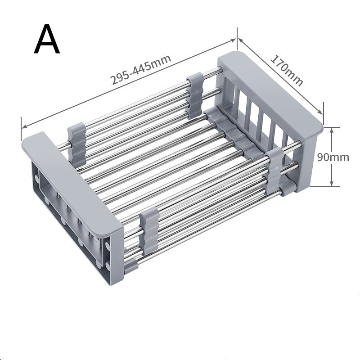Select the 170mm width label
click(x=286, y=70)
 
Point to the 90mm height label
click(x=333, y=157)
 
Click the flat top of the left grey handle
click(x=72, y=180)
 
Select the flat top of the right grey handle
click(x=270, y=85)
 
